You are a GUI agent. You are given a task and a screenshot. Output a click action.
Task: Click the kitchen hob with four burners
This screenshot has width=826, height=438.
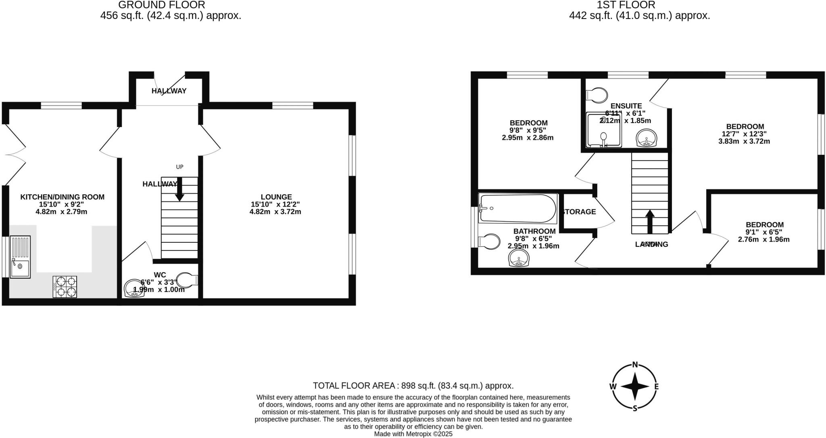pos(65,286)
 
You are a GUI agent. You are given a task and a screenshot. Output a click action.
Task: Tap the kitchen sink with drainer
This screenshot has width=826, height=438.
pos(20,257)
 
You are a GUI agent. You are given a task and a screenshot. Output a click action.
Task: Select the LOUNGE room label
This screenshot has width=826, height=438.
pos(276,197)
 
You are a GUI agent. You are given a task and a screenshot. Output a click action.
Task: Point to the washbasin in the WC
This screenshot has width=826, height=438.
pos(134,289)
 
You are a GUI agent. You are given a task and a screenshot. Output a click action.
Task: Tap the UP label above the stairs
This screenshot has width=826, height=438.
pos(179,167)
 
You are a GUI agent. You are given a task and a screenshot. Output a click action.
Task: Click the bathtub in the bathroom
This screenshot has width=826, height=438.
pos(518,209)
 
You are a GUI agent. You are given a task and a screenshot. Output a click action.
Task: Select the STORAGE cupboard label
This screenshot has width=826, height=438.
pos(579,212)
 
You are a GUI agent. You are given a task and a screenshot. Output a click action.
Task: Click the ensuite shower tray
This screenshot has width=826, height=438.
pos(604,130)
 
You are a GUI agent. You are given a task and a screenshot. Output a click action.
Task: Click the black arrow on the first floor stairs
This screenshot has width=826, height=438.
pos(649,221)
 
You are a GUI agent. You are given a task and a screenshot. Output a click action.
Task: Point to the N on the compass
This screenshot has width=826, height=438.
pos(635,365)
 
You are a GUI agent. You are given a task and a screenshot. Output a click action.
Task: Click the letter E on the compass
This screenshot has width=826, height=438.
pos(656,387)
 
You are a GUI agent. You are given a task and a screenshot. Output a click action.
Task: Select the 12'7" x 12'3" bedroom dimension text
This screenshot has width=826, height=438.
pos(744,134)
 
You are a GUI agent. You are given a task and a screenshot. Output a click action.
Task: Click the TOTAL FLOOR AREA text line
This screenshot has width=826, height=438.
pos(413,386)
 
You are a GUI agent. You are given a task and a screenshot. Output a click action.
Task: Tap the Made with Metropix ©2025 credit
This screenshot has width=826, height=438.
pos(413,434)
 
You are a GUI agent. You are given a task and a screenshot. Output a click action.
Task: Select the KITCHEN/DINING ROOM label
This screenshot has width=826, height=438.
pos(63,197)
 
